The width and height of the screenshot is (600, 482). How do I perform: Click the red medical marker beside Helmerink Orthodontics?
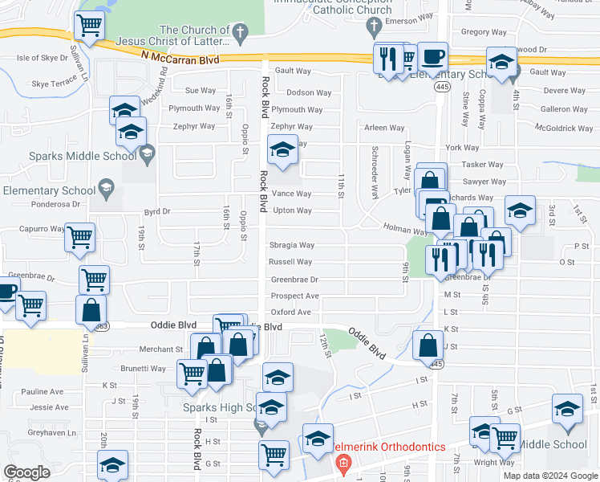[x=343, y=464]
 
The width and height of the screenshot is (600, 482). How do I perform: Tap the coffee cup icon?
[x=433, y=57]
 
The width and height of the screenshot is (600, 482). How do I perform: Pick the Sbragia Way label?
[x=291, y=245]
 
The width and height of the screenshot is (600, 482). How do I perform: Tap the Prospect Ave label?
[x=294, y=296]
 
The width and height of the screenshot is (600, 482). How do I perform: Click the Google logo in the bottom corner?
[x=26, y=472]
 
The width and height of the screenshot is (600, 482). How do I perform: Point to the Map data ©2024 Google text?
[x=550, y=476]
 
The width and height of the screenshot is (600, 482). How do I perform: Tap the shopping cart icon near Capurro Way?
[x=80, y=237]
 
